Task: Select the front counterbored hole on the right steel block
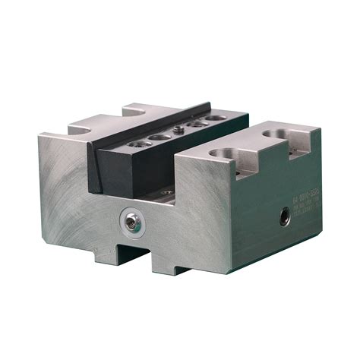[x=216, y=152]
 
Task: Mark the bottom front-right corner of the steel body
[x=225, y=260]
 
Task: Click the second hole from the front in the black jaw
[x=159, y=137]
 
